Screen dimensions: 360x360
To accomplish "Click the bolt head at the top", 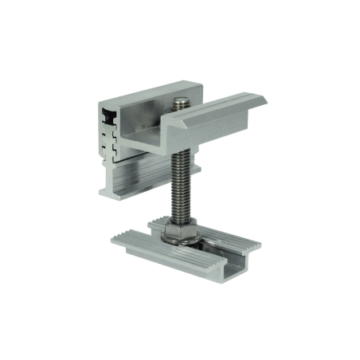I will pos(181,101).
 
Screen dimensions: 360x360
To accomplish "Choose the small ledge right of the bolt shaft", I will pos(199,167).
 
